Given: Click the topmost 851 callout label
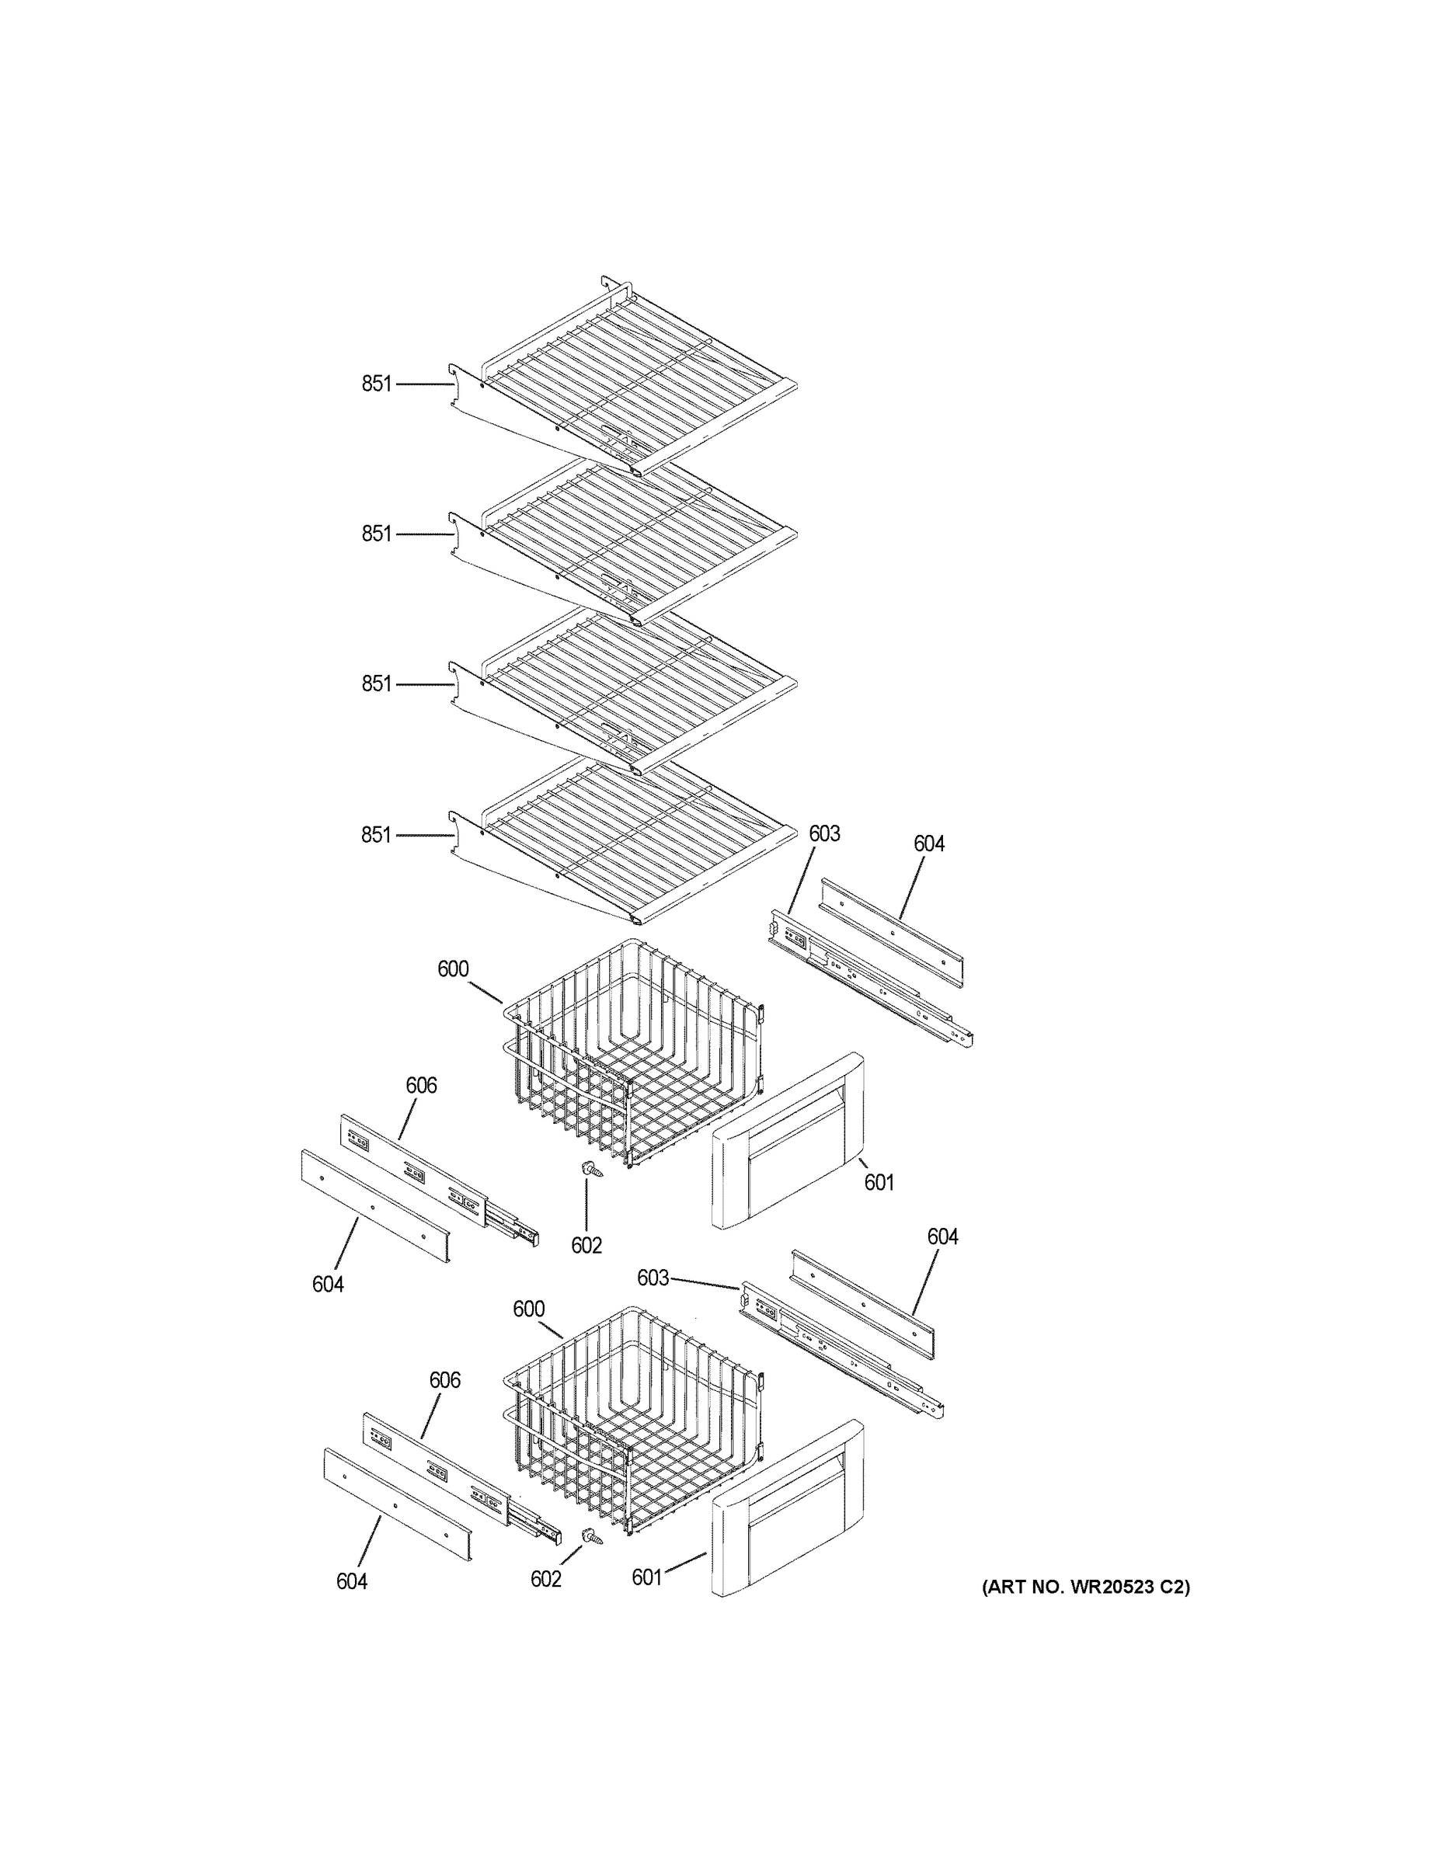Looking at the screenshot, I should tap(377, 384).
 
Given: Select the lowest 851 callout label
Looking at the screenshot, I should tap(377, 835).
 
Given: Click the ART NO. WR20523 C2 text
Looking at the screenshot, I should tap(1084, 1587).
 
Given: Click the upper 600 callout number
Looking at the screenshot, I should tap(454, 969).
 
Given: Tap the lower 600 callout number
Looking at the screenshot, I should tap(528, 1309).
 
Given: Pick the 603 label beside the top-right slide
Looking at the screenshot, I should tap(825, 834).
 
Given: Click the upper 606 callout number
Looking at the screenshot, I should tap(421, 1085).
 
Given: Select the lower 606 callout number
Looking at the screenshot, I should tap(445, 1380).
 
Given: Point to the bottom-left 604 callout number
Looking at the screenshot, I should tap(352, 1581).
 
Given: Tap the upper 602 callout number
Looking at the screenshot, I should tap(586, 1245).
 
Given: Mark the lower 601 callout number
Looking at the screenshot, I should tap(647, 1577).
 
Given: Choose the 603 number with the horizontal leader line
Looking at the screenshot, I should tap(653, 1278).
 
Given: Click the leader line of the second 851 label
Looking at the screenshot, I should tap(423, 534).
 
